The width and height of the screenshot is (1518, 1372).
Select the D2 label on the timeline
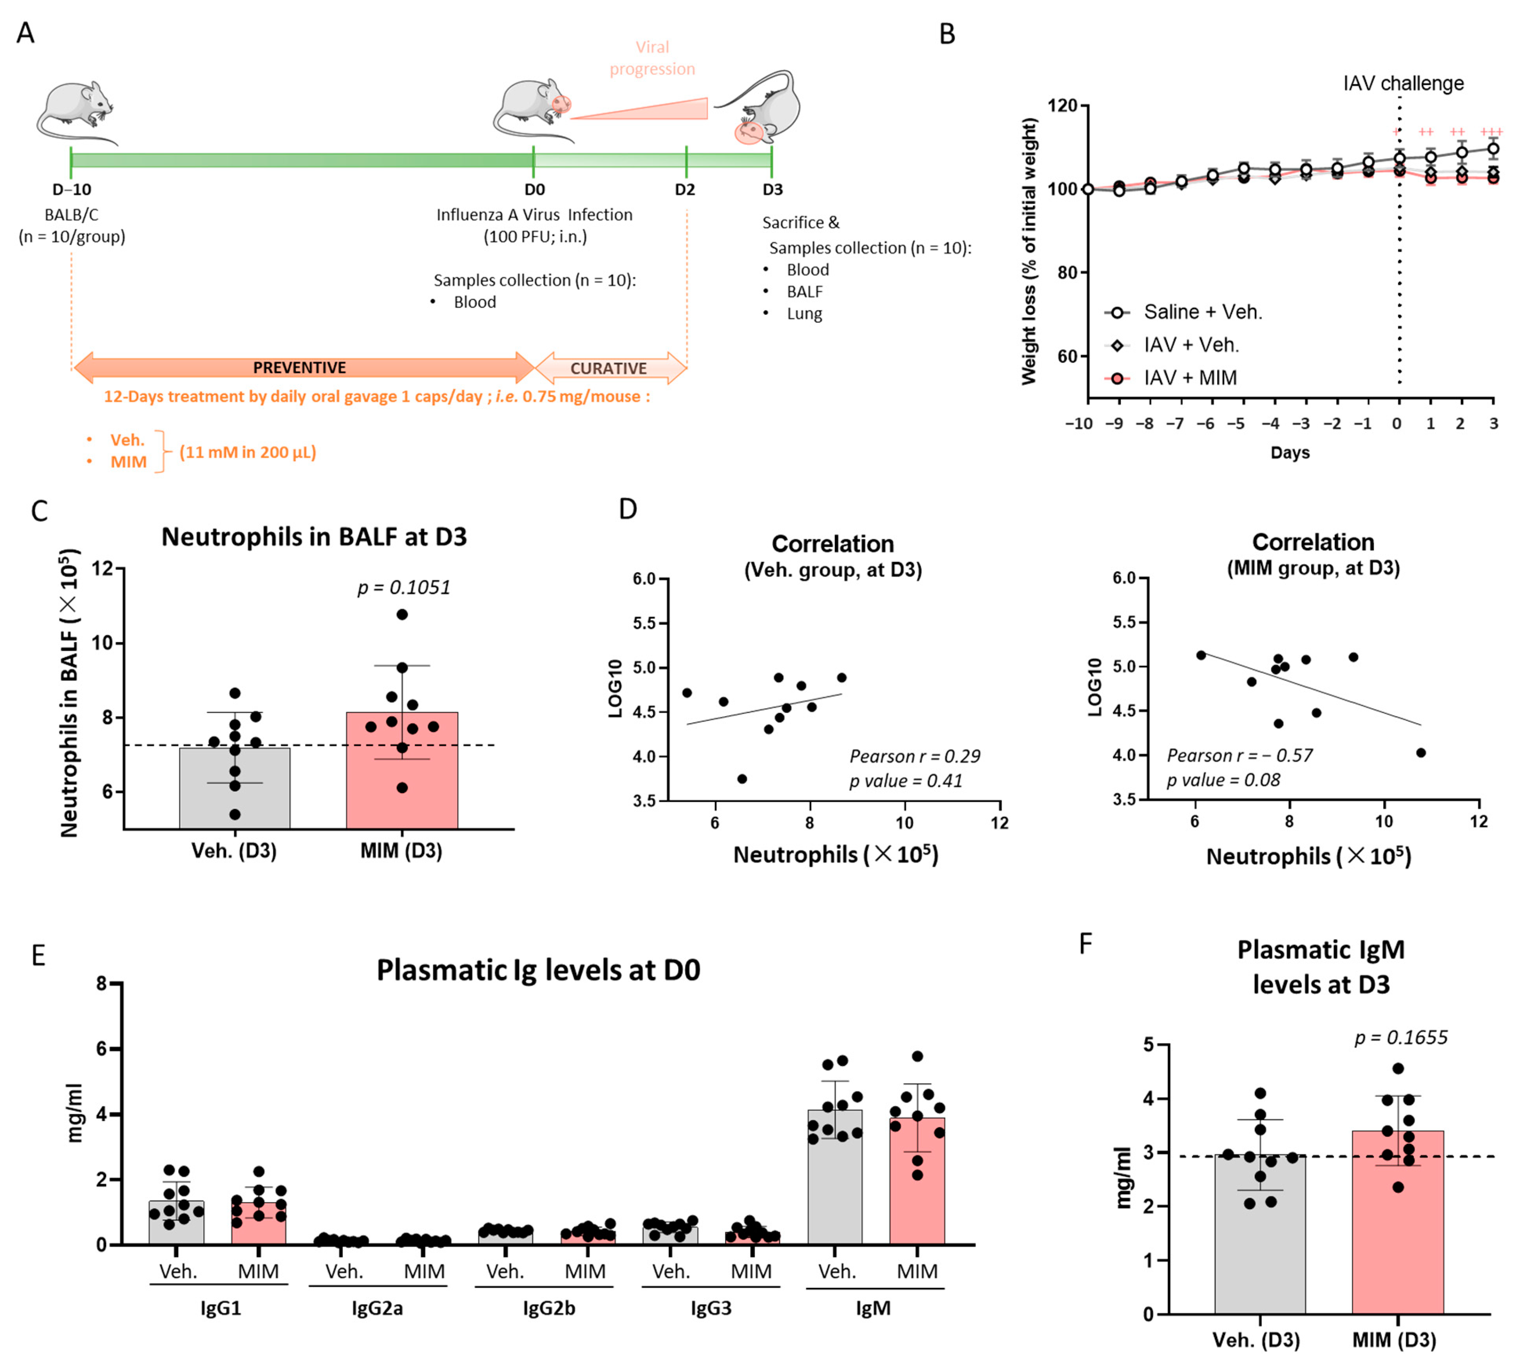coord(684,190)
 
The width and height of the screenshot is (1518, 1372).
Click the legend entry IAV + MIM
coord(1190,378)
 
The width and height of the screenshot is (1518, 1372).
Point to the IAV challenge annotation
coord(1403,83)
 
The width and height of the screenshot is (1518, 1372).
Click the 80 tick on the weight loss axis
coord(1066,273)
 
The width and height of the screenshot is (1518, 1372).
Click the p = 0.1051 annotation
coord(403,588)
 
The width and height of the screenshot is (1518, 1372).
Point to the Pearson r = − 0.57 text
coord(1239,756)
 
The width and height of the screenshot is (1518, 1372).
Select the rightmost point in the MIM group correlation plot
coord(1421,753)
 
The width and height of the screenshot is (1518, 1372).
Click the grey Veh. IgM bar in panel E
coord(835,1182)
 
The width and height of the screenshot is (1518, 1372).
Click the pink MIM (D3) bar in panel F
coord(1397,1227)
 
